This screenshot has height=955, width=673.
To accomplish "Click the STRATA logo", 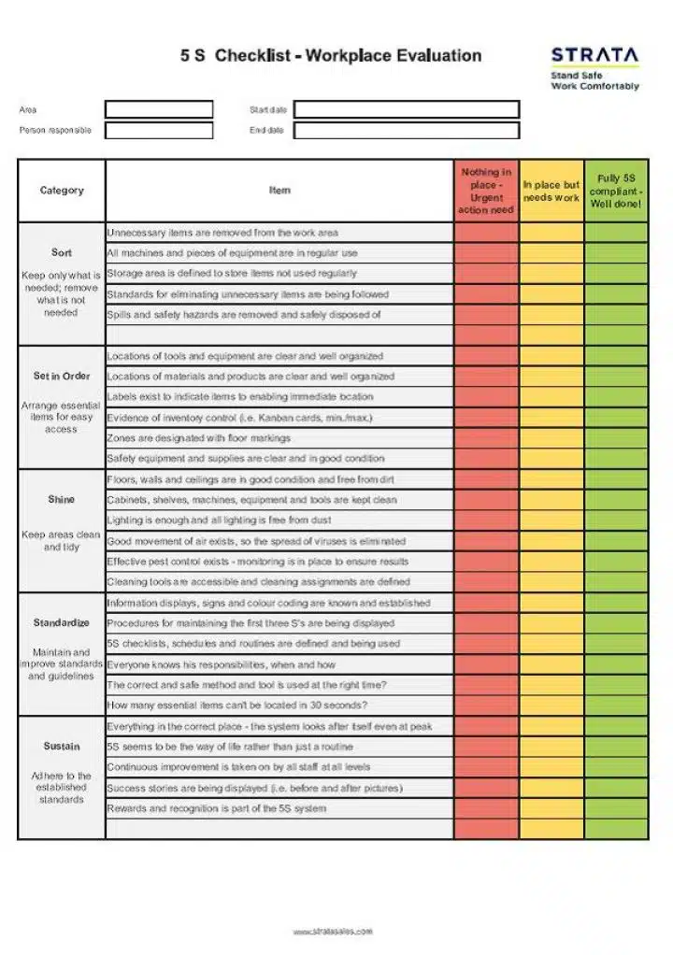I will tap(594, 56).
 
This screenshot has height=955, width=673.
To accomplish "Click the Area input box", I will tap(159, 109).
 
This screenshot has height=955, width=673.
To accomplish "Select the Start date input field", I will tap(406, 109).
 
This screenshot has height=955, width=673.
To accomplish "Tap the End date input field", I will tap(406, 130).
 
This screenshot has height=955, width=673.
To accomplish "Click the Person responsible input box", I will tap(159, 130).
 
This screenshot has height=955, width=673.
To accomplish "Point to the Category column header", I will tap(62, 191).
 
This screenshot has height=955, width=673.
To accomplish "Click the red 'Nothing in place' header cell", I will tap(486, 191).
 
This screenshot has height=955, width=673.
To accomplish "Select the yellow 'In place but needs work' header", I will tap(551, 191).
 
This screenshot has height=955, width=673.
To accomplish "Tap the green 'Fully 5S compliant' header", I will tap(616, 191).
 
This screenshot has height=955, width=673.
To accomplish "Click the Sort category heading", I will tap(62, 252).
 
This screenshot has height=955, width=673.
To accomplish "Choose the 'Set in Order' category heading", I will tap(62, 376).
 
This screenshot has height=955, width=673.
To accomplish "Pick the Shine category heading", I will tap(62, 499).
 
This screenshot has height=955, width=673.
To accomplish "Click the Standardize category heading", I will tap(62, 622).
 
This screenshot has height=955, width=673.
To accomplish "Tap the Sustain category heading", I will tap(62, 746).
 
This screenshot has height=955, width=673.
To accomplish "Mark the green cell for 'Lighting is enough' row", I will tap(616, 520).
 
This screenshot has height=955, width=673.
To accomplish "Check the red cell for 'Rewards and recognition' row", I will tap(486, 808).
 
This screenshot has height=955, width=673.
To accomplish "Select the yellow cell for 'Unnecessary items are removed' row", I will tap(551, 233).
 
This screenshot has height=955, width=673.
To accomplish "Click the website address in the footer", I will tap(333, 931).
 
